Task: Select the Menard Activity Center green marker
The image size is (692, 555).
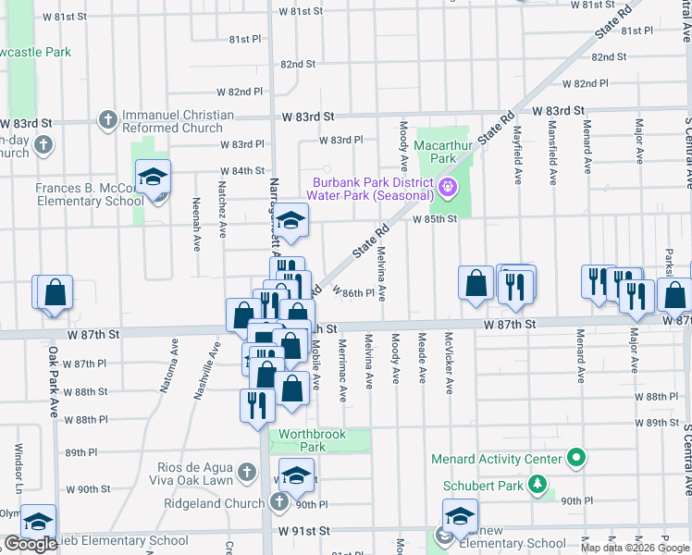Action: pyautogui.click(x=576, y=459)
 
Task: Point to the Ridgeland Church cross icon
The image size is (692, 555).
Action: pyautogui.click(x=280, y=502)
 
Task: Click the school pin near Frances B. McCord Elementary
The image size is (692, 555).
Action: pyautogui.click(x=154, y=178)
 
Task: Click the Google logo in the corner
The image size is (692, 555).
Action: pyautogui.click(x=31, y=544)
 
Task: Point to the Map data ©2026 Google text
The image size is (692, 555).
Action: pyautogui.click(x=635, y=548)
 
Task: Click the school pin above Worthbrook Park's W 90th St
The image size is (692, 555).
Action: pyautogui.click(x=296, y=475)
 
